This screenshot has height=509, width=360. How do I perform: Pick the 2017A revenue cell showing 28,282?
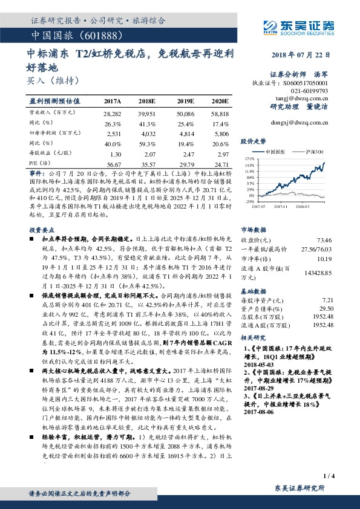pos(113,113)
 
